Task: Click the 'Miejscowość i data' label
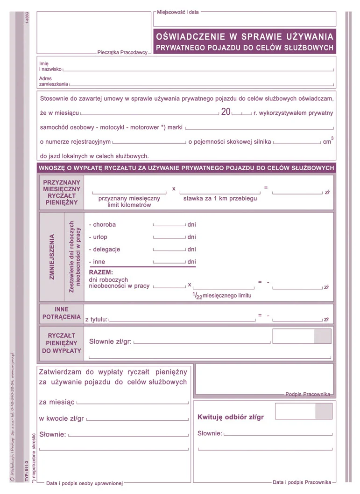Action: point(178,12)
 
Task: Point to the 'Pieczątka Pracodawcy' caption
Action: point(122,53)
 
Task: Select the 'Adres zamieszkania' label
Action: point(53,82)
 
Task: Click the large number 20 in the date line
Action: point(226,112)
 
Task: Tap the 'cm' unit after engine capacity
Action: point(327,142)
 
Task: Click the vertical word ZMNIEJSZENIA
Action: point(52,257)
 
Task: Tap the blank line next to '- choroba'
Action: point(169,225)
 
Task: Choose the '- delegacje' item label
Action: point(104,250)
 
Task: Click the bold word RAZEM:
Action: point(101,272)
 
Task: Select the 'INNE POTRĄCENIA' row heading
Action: point(61,313)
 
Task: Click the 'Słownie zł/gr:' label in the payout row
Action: point(110,341)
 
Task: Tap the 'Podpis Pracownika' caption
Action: point(308,394)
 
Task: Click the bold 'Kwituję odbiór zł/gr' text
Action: point(231,417)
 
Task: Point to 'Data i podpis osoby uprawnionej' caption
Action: point(85,483)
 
